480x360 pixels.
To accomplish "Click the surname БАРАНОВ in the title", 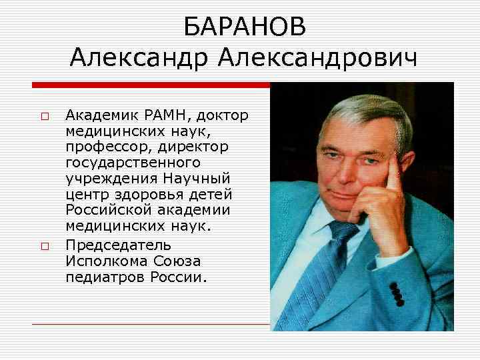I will click(245, 27).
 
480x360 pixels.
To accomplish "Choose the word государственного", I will click(133, 161).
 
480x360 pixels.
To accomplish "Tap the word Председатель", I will click(119, 244).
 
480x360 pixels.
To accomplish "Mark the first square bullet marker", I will click(44, 117).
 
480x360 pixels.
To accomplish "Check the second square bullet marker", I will click(44, 246).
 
